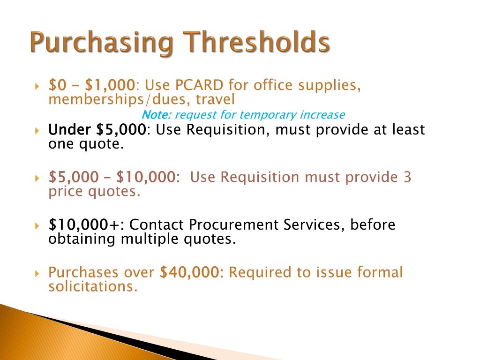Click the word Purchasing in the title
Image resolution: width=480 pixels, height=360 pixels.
click(x=100, y=44)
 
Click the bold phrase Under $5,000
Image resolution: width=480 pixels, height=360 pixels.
click(x=97, y=129)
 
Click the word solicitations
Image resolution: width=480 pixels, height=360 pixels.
click(x=93, y=286)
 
